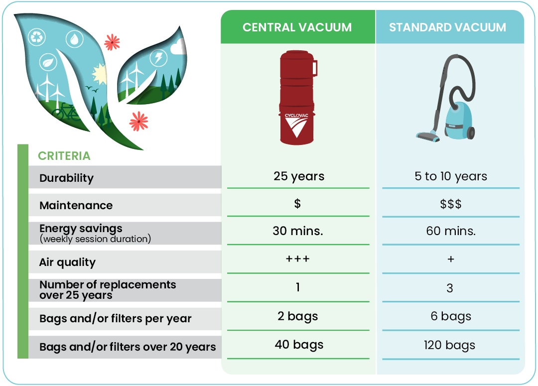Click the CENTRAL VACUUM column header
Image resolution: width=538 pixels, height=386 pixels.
click(x=297, y=27)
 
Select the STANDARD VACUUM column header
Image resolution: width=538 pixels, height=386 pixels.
click(x=447, y=27)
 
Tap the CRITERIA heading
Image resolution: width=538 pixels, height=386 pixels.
click(x=64, y=156)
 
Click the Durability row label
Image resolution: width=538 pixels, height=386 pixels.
click(x=66, y=178)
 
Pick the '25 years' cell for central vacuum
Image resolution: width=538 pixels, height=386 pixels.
click(x=298, y=176)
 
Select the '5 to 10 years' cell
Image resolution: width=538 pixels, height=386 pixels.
click(x=450, y=176)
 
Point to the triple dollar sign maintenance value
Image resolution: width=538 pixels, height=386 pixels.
click(x=450, y=204)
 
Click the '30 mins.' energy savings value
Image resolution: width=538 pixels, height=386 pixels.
click(x=298, y=231)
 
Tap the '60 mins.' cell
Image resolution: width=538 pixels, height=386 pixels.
click(x=450, y=231)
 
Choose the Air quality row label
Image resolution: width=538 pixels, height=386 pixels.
click(x=67, y=262)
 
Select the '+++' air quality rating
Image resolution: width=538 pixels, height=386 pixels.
click(x=298, y=259)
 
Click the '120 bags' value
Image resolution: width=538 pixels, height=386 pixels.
click(x=450, y=345)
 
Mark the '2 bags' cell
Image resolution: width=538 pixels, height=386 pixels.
click(x=298, y=316)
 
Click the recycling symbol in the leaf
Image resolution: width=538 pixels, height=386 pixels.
click(x=37, y=36)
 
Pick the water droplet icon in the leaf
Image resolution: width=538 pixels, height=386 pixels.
click(x=74, y=39)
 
